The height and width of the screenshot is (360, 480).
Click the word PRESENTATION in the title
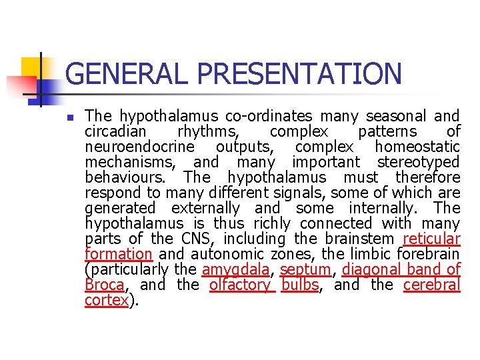295,74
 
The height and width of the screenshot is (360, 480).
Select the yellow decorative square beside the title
31,67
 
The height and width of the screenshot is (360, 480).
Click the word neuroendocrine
140,146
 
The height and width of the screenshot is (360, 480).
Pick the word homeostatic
417,146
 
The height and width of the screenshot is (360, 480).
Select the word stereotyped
419,161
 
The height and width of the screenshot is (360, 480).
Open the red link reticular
432,238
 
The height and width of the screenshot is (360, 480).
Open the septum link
305,270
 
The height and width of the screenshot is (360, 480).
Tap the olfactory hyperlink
240,285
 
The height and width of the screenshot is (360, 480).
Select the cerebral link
432,285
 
